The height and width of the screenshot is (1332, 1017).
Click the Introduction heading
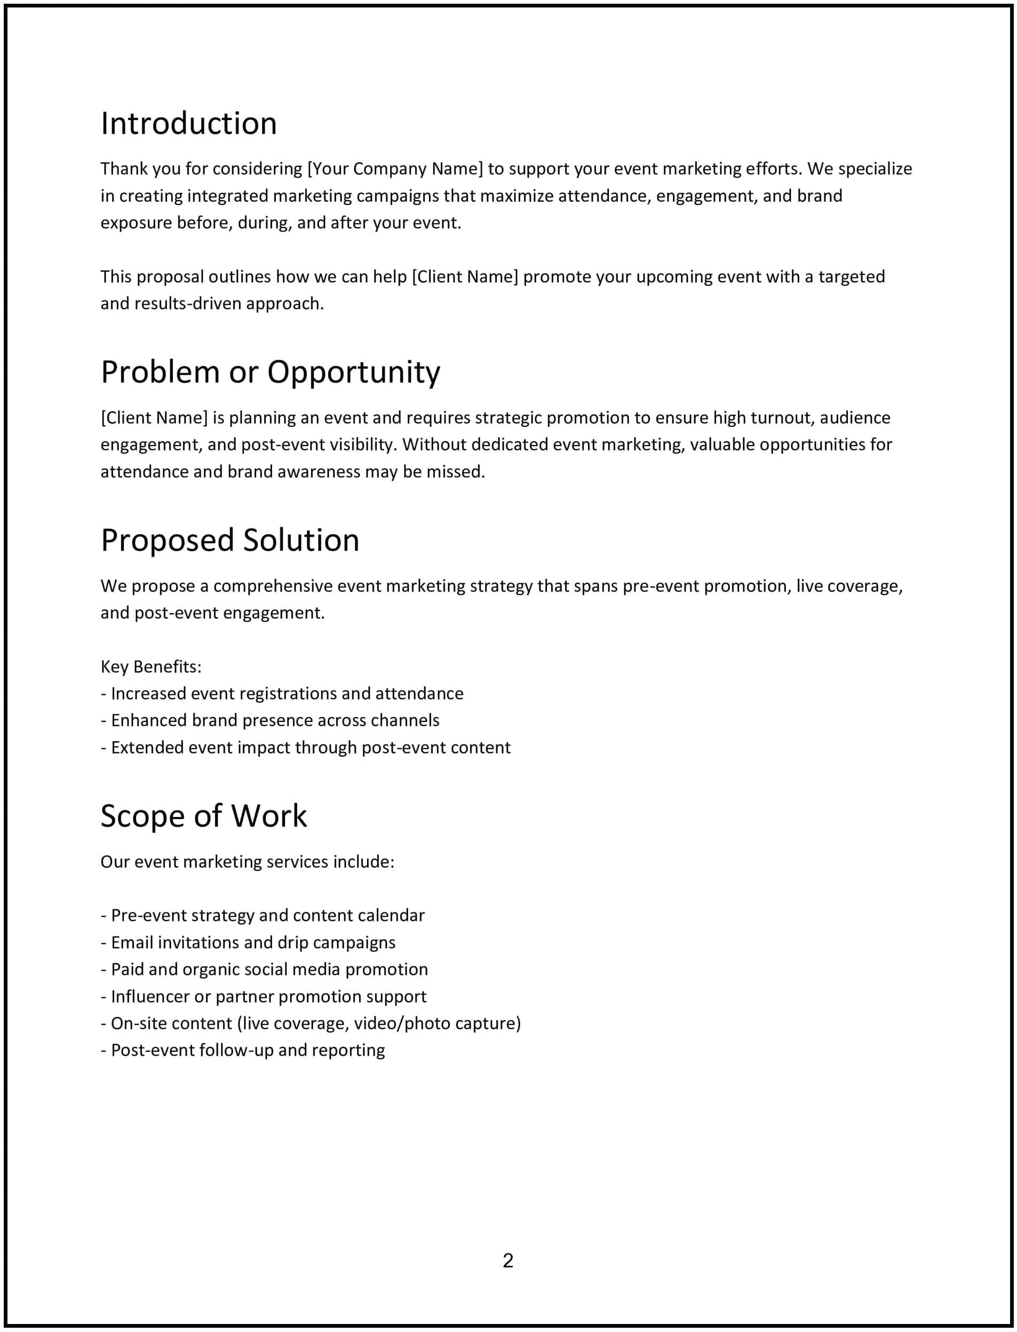pyautogui.click(x=188, y=123)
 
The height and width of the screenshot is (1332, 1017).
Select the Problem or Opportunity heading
pyautogui.click(x=270, y=372)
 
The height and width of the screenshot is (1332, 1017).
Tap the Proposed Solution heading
pyautogui.click(x=229, y=540)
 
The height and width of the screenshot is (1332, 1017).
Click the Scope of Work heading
pyautogui.click(x=203, y=815)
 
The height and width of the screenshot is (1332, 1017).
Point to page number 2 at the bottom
pyautogui.click(x=508, y=1260)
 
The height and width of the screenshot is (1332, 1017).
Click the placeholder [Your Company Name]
pyautogui.click(x=395, y=169)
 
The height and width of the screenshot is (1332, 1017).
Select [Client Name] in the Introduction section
pyautogui.click(x=465, y=276)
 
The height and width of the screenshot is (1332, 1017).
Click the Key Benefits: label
pyautogui.click(x=150, y=667)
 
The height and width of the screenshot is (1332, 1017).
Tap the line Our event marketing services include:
pyautogui.click(x=247, y=861)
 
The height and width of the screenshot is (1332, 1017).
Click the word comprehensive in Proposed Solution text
pyautogui.click(x=273, y=586)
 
